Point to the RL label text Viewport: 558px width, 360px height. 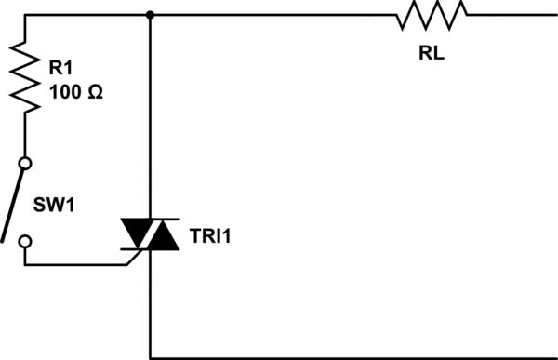432,53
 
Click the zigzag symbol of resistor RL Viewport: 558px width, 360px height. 432,15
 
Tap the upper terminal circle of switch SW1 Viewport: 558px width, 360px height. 25,163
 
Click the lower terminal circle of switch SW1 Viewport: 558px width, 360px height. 25,242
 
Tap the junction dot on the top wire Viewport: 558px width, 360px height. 150,15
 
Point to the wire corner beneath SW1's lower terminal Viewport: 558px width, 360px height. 25,264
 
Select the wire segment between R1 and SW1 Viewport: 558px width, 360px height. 25,135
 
